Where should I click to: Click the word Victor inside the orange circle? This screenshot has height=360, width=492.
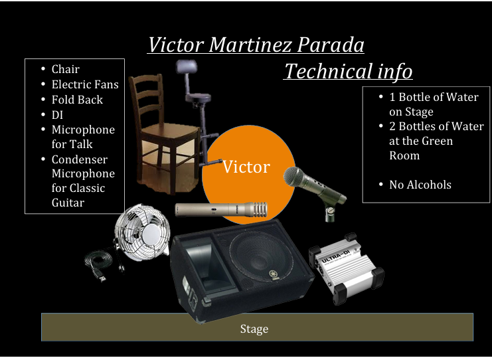pyautogui.click(x=246, y=167)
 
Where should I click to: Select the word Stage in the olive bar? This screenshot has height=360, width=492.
pyautogui.click(x=254, y=329)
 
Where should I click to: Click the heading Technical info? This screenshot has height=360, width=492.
pyautogui.click(x=348, y=71)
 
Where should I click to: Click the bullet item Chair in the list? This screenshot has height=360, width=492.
pyautogui.click(x=65, y=69)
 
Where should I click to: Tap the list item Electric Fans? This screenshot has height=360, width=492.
pyautogui.click(x=85, y=84)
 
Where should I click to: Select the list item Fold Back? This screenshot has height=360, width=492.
pyautogui.click(x=77, y=100)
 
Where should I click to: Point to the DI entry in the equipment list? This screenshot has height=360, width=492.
pyautogui.click(x=57, y=115)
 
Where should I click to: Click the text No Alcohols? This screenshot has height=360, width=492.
pyautogui.click(x=420, y=185)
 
